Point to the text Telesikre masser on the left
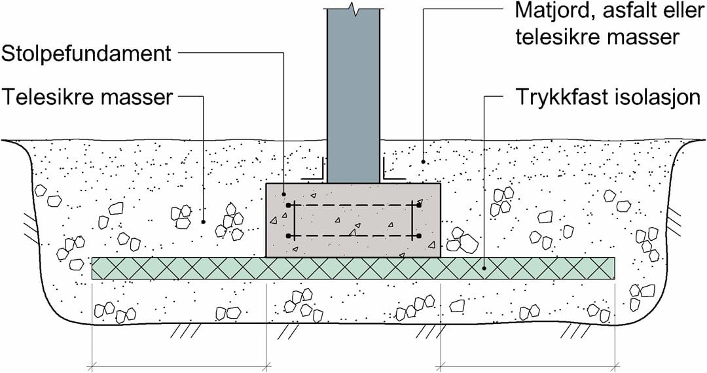(x=87, y=98)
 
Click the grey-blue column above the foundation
(x=353, y=98)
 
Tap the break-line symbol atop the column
(x=353, y=9)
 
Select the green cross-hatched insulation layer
(x=353, y=268)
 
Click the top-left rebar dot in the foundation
(x=289, y=205)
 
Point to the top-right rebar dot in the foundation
(x=418, y=205)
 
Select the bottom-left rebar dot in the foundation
(x=289, y=236)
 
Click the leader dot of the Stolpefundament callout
(x=283, y=194)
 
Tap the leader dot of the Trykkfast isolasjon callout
(x=484, y=267)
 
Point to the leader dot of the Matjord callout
(x=424, y=162)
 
